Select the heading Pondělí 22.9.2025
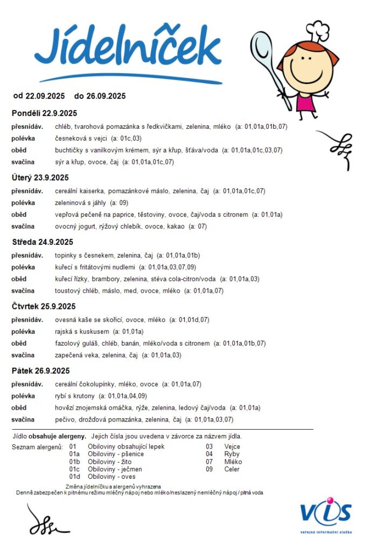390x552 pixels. coord(44,113)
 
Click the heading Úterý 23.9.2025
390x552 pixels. coord(40,177)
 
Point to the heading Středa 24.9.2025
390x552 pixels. coord(43,242)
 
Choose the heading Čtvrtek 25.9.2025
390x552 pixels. coord(44,306)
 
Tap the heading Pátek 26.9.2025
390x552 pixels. coord(41,371)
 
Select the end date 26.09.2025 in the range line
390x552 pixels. coord(106,96)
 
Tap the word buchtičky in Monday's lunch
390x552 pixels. coord(71,150)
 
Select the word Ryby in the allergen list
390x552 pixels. coord(232,454)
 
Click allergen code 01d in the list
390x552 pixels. coord(74,477)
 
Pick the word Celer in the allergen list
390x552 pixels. coord(232,469)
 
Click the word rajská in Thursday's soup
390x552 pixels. coord(65,332)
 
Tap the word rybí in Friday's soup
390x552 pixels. coord(61,396)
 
